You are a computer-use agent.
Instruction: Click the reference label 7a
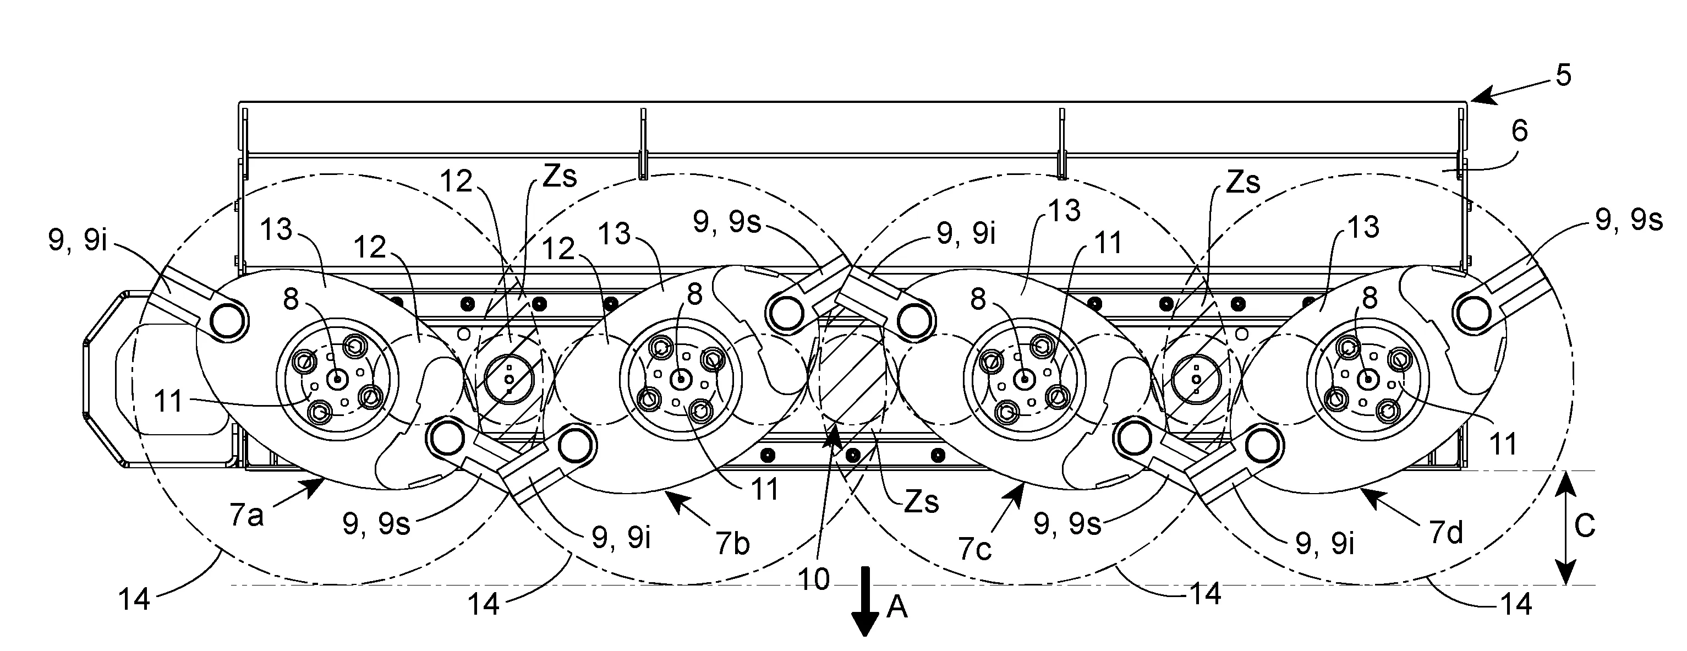click(x=247, y=516)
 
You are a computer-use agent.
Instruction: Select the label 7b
click(x=732, y=544)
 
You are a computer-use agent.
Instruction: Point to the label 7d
click(x=1445, y=534)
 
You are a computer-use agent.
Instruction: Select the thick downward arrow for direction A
click(x=865, y=601)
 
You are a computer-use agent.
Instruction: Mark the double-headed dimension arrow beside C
click(x=1565, y=527)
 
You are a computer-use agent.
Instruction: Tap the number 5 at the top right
click(x=1563, y=76)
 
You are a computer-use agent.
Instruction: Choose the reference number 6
click(x=1519, y=131)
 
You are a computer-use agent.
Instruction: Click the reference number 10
click(x=814, y=579)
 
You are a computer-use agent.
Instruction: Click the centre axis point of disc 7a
click(x=338, y=379)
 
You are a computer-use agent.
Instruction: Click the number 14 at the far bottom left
click(x=135, y=599)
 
